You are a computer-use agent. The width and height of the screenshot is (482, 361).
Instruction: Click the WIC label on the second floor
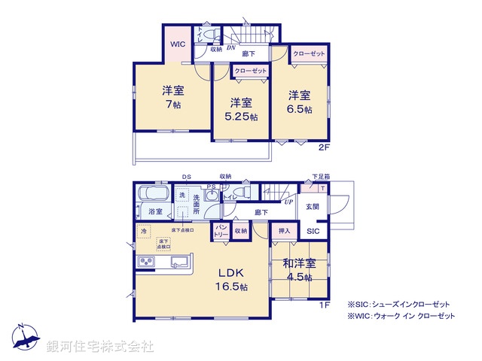177,44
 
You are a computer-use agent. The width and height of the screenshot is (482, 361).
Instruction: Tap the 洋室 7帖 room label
172,97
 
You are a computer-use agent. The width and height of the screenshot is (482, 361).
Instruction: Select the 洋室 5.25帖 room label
240,110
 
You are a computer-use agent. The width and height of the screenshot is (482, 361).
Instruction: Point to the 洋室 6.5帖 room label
299,101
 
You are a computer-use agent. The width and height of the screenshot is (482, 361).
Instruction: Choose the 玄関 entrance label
313,206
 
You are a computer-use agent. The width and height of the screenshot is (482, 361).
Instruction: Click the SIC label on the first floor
313,231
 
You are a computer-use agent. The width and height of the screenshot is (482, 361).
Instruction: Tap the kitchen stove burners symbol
145,262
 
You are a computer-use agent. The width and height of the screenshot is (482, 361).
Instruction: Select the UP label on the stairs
288,202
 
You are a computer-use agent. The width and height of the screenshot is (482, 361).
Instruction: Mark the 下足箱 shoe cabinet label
320,177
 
